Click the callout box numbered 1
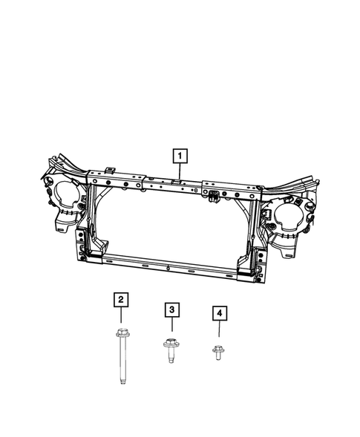[180, 156]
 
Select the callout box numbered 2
[120, 300]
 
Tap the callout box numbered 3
[171, 309]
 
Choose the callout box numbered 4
[218, 315]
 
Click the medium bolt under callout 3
[171, 346]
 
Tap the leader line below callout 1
[180, 172]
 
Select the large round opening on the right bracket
[288, 216]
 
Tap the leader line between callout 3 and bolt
[171, 326]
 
